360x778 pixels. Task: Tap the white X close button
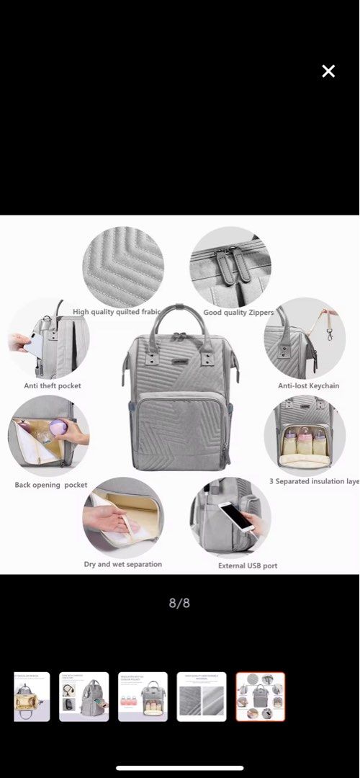(328, 71)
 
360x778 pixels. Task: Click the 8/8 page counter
(179, 603)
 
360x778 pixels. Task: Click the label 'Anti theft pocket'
(53, 386)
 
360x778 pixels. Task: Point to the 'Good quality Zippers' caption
(238, 313)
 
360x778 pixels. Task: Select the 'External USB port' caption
(248, 566)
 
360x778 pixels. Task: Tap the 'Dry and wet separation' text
(123, 564)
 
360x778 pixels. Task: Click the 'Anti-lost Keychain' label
(309, 386)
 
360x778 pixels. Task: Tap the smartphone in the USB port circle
(237, 516)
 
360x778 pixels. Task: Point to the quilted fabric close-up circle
(123, 266)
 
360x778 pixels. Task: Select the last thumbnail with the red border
(261, 697)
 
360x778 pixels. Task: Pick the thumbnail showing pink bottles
(143, 697)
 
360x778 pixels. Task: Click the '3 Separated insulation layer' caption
(314, 481)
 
